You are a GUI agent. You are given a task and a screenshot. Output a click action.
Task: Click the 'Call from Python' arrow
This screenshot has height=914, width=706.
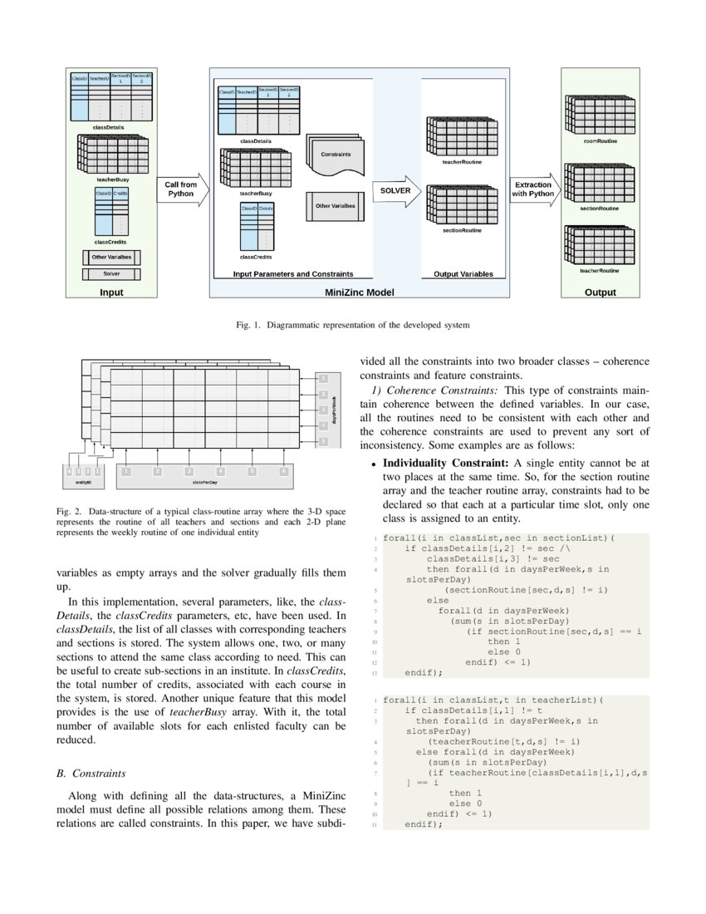point(180,189)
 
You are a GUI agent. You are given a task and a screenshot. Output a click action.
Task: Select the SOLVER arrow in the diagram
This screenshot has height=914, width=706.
point(396,190)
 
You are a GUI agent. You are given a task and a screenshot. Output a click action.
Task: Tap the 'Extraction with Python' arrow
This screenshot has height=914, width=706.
point(533,189)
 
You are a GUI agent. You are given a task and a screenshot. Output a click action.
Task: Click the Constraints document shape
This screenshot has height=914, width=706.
point(336,156)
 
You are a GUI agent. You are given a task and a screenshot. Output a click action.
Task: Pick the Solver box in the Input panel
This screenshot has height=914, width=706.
point(111,273)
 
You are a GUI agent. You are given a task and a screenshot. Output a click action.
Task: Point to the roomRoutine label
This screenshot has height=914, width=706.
point(601,141)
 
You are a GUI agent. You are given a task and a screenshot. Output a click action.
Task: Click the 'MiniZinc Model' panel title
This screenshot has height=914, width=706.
point(358,292)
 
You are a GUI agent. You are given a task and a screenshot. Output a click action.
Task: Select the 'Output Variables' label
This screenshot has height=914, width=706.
point(463,274)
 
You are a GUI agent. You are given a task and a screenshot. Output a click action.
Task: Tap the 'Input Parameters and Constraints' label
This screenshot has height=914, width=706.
point(293,274)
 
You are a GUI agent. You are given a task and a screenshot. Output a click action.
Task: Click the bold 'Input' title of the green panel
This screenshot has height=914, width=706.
point(111,292)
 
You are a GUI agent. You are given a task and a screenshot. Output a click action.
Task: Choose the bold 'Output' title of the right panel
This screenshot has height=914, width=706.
point(600,292)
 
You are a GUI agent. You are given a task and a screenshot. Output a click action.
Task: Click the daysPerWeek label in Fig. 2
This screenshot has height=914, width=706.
point(335,409)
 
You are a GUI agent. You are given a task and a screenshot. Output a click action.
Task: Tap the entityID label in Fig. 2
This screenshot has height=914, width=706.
point(84,482)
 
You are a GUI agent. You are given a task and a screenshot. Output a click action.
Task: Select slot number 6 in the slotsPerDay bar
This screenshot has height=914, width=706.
point(283,471)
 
